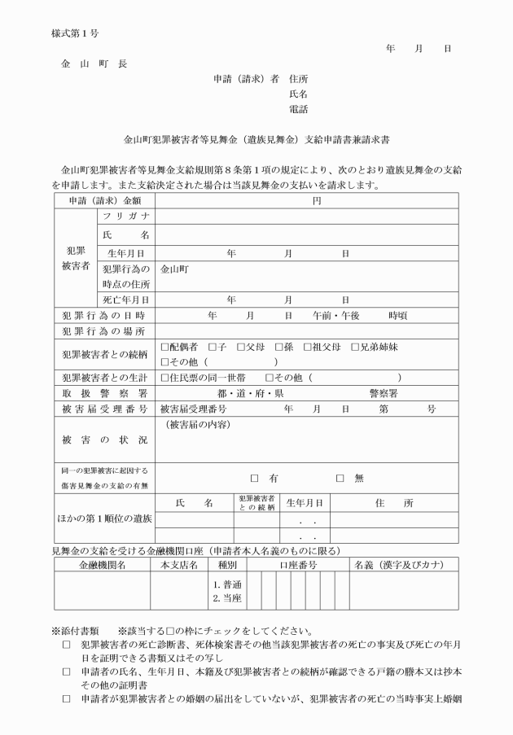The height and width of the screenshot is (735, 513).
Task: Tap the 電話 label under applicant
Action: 299,109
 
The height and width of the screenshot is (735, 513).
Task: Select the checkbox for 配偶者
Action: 165,347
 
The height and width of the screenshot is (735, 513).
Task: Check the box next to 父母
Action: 241,347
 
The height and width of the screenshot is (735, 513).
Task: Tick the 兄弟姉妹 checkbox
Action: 355,347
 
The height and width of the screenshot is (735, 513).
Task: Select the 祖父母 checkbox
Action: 308,347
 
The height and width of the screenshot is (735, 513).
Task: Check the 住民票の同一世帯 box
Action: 165,378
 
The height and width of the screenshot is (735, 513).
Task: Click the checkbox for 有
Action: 254,479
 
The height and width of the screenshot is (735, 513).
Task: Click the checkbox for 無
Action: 340,479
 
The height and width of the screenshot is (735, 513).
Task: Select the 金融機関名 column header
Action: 102,564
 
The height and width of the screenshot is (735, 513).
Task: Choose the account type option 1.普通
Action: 224,584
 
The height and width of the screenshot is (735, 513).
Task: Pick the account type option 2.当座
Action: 224,598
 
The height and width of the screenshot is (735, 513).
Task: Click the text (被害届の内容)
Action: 196,426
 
